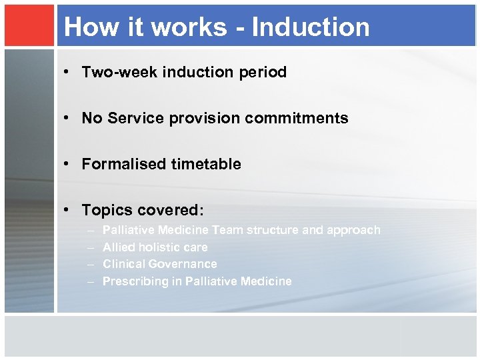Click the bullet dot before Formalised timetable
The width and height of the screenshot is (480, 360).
(71, 165)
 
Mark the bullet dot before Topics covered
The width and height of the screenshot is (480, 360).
(71, 211)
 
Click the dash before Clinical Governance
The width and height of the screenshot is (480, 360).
(91, 265)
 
